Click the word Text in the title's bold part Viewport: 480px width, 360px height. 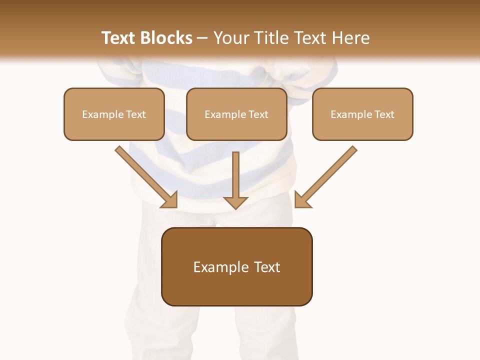click(119, 38)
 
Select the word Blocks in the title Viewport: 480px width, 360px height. click(166, 38)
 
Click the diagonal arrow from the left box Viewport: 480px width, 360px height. click(145, 176)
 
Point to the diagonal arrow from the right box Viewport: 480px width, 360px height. click(327, 176)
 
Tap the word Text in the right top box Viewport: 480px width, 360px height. click(384, 114)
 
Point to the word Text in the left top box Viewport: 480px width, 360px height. click(135, 114)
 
